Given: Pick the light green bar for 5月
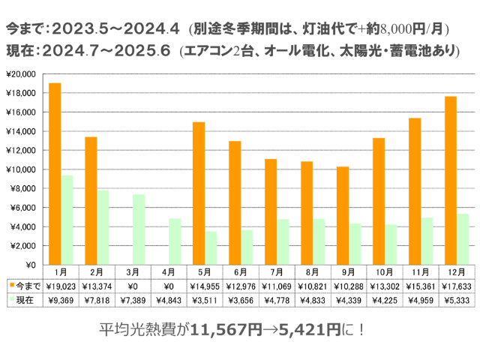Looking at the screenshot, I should pyautogui.click(x=211, y=248).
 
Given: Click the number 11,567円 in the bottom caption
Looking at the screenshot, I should pyautogui.click(x=214, y=329).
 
